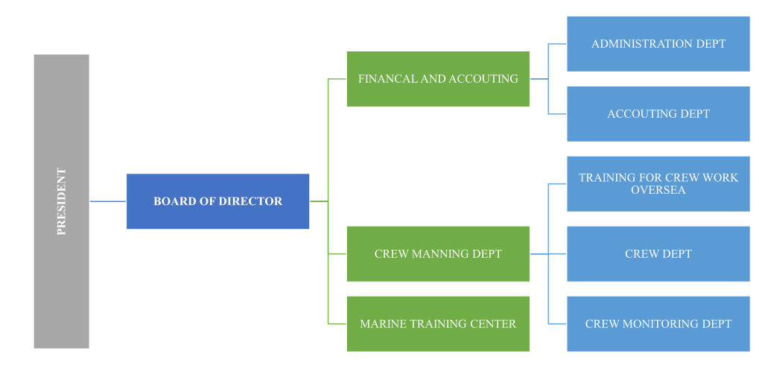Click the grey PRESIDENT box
61,201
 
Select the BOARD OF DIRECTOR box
217,201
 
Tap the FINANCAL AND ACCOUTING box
438,78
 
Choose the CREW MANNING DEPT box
438,254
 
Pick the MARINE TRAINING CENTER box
438,324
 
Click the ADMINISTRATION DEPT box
658,44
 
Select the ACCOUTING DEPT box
658,114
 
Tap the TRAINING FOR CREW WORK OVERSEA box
658,183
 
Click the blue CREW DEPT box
658,254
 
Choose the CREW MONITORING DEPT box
658,324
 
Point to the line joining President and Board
108,201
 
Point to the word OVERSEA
658,190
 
